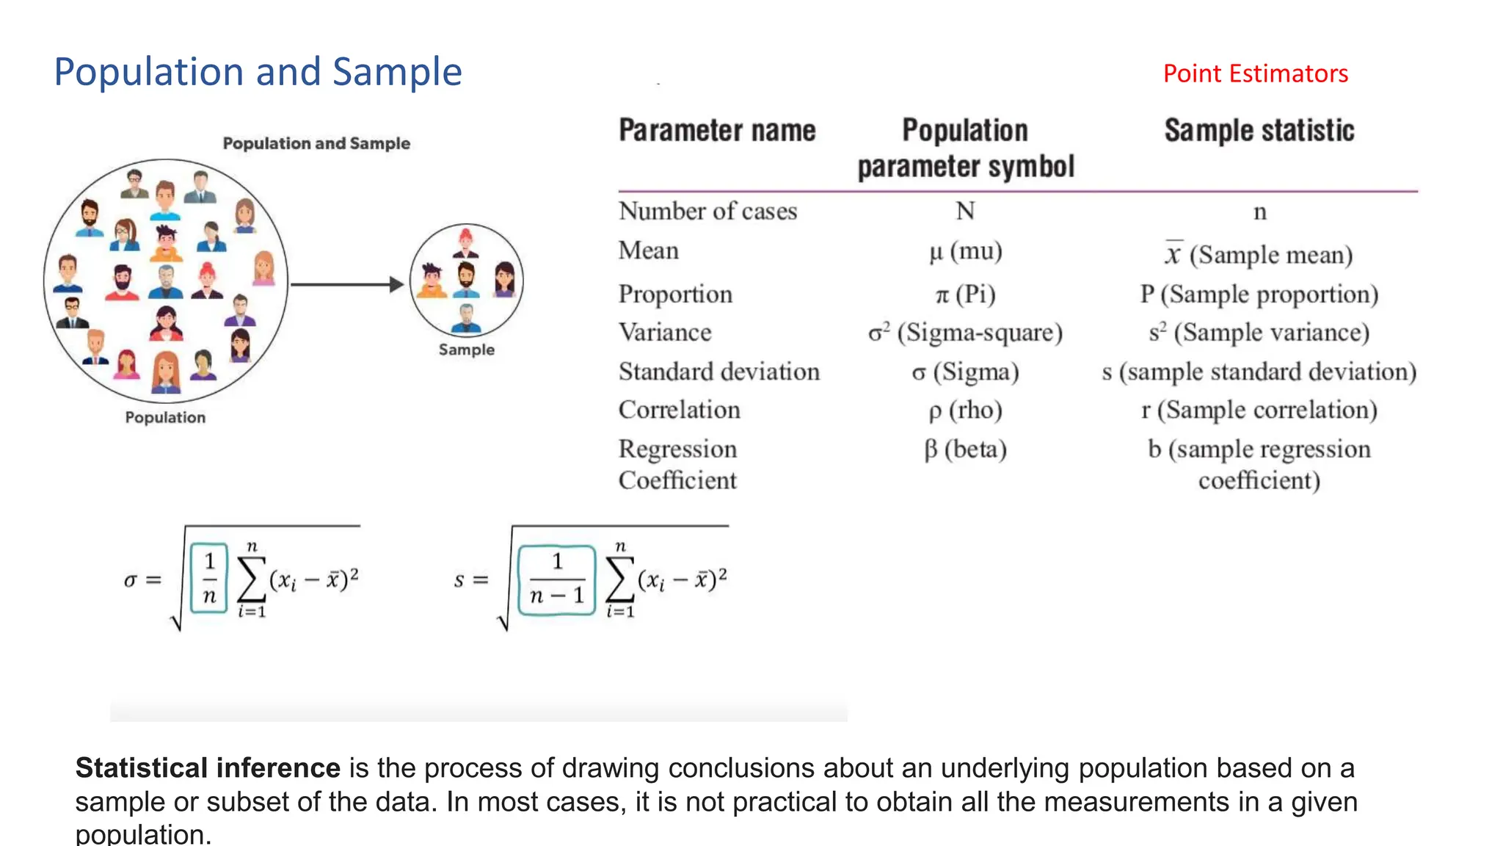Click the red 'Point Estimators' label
pos(1255,73)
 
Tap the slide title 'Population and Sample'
pos(258,72)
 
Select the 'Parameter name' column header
pos(717,131)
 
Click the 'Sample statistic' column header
pos(1259,131)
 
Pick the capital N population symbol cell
pos(965,211)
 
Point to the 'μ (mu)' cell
pos(965,252)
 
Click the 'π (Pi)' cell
pos(965,294)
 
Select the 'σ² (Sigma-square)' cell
pos(965,333)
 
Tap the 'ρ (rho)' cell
pos(965,410)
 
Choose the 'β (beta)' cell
pos(965,449)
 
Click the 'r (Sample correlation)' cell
pos(1259,410)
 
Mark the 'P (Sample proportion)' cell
pos(1259,294)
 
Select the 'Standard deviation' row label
pos(718,372)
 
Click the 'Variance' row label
pos(665,333)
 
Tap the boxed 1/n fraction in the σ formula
pos(209,579)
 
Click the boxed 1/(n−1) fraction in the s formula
pos(556,579)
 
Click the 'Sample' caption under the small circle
pos(466,350)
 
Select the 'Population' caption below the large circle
pos(165,417)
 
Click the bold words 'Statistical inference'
pos(208,768)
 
